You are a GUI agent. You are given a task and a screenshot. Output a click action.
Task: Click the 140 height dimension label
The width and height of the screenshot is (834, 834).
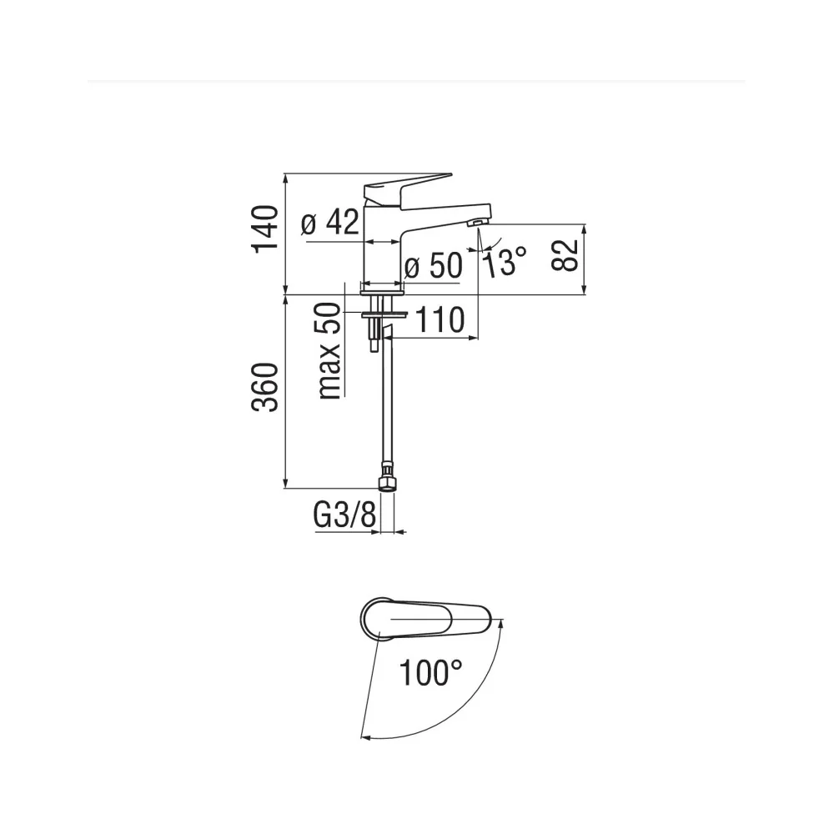click(x=265, y=229)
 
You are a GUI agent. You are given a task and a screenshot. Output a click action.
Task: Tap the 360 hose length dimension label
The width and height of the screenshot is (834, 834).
click(x=265, y=387)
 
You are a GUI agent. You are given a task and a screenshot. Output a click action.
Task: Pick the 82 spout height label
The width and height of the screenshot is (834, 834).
click(x=565, y=256)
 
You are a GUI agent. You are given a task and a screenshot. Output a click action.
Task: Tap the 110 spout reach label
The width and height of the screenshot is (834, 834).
click(x=440, y=320)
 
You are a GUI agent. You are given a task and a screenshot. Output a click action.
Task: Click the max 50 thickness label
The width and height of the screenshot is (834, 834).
click(x=329, y=350)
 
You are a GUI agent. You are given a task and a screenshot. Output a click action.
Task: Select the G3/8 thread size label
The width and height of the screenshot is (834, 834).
click(x=344, y=515)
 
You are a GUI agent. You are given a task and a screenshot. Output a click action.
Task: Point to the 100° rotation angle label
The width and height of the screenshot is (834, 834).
click(x=430, y=672)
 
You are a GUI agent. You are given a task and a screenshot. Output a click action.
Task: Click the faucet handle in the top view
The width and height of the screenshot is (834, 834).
click(x=425, y=619)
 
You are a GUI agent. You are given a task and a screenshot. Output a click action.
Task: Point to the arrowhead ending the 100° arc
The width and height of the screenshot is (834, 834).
click(x=365, y=736)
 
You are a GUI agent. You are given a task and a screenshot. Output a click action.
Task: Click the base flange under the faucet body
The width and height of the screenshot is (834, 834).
click(x=383, y=292)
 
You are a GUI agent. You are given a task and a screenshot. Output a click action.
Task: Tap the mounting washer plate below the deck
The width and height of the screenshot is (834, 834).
click(x=384, y=315)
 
